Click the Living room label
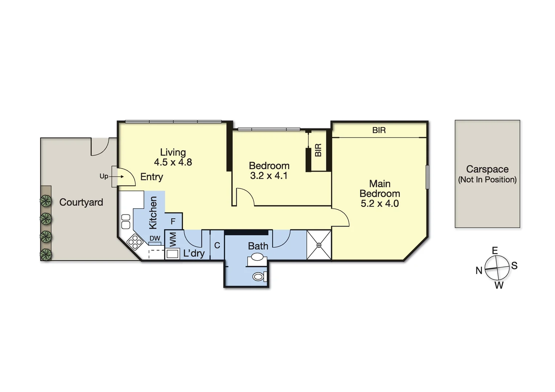tap(173, 152)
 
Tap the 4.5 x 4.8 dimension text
tap(173, 162)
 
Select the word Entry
tap(151, 177)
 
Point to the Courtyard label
tap(81, 202)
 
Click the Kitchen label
tap(153, 213)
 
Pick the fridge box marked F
tap(173, 221)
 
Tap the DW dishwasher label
tap(155, 238)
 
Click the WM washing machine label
tap(173, 239)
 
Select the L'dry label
tap(194, 253)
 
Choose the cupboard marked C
tap(217, 245)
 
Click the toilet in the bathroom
tap(258, 277)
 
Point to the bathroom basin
tap(257, 257)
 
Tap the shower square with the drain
tap(319, 245)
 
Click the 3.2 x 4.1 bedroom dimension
tap(269, 176)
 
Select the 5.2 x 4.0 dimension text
tap(380, 203)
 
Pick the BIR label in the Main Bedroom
tap(379, 130)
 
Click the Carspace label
tap(487, 169)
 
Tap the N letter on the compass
tap(479, 270)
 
